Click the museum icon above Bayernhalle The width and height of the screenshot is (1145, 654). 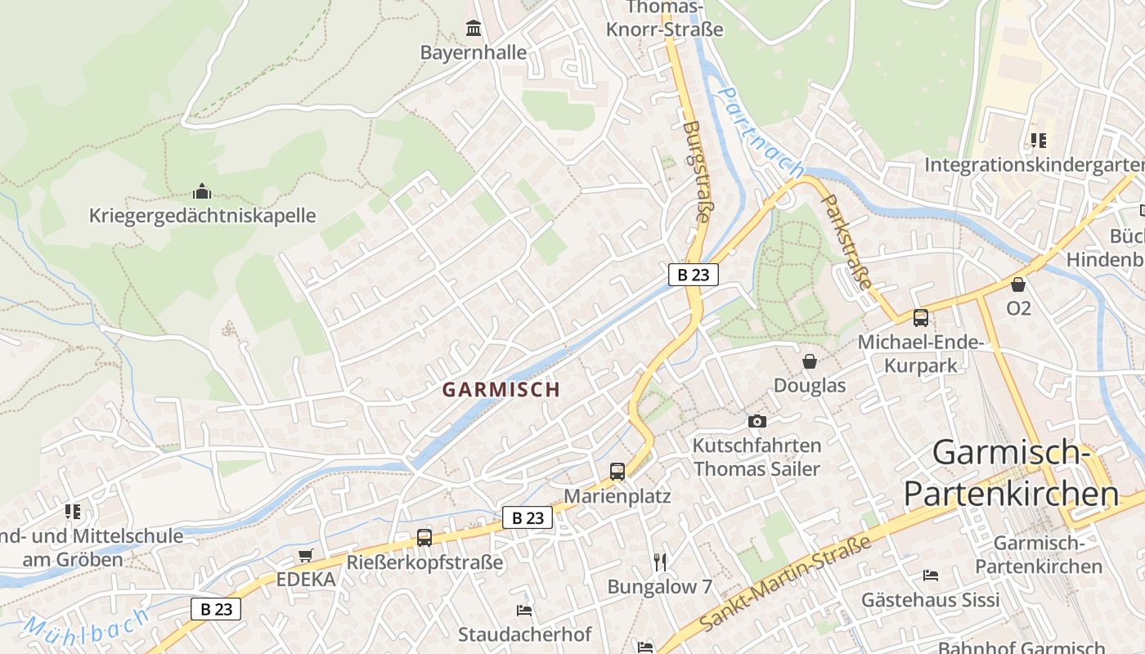[473, 29]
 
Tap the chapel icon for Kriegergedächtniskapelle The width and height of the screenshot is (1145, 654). [202, 192]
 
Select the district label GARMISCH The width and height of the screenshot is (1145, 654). [501, 390]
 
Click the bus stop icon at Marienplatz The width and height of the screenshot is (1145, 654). [617, 472]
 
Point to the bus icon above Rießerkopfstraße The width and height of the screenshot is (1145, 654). [424, 538]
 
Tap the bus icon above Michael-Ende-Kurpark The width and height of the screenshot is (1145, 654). [921, 318]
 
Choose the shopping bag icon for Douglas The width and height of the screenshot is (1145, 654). [810, 361]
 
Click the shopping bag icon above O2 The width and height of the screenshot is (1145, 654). [1018, 284]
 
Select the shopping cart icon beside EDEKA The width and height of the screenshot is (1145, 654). [305, 556]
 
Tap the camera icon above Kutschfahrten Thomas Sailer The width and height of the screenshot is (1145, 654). [757, 422]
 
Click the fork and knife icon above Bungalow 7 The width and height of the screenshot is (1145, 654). [661, 562]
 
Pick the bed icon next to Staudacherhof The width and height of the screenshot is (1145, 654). [524, 611]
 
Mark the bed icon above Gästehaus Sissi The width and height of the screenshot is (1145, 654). [930, 576]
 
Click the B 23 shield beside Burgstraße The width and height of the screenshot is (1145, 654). [694, 275]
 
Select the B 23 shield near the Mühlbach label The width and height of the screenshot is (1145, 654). [216, 609]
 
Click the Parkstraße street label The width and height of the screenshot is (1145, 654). [847, 241]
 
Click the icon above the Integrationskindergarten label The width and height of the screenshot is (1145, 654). [1038, 141]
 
